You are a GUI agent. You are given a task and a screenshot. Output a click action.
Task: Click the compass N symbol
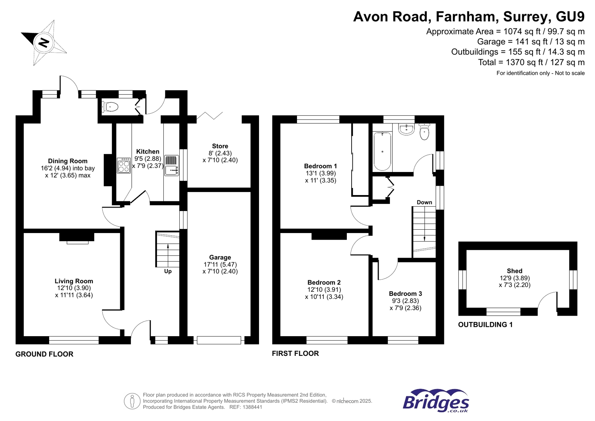[44, 42]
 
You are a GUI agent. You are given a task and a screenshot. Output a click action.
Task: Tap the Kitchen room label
[148, 152]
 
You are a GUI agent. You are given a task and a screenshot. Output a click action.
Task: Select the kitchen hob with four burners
[124, 166]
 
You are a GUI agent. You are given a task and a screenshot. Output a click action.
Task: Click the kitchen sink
[171, 166]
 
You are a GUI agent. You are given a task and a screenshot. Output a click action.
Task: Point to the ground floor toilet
[110, 107]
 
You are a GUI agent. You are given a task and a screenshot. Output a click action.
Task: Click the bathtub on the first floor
[382, 151]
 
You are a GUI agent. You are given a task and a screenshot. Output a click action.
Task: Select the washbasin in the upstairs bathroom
[406, 129]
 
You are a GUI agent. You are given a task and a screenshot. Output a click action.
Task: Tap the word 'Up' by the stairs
[168, 271]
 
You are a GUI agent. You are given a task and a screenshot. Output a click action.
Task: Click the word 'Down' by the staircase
[424, 202]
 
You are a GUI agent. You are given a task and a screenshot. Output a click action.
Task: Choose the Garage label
[220, 257]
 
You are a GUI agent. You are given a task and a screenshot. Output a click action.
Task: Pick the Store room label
[220, 146]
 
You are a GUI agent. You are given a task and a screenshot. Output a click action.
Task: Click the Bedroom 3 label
[405, 294]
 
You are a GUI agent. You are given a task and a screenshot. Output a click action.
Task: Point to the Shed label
[514, 271]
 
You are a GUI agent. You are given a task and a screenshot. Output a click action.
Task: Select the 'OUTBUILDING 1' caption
[485, 325]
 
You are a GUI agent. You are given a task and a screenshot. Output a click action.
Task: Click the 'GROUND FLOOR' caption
[44, 354]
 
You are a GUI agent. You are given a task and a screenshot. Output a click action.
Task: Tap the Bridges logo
[436, 401]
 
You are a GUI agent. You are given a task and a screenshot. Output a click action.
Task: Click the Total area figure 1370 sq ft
[531, 63]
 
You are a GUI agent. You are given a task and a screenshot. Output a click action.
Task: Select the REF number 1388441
[253, 407]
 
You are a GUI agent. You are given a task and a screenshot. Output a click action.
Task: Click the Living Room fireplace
[77, 237]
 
